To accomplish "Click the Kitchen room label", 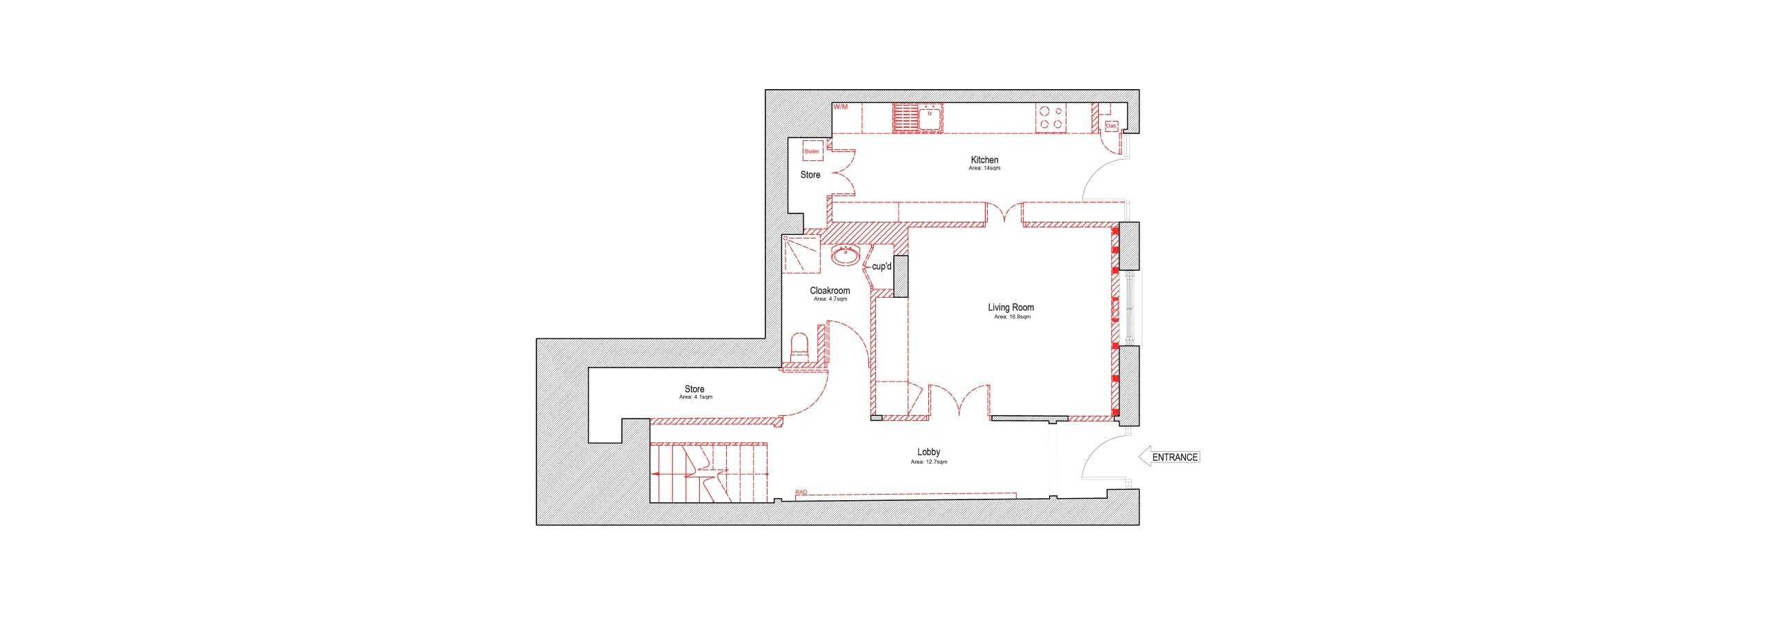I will coord(984,160).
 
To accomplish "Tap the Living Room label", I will coord(1011,307).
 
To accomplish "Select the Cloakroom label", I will coord(830,291).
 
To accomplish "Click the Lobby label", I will coord(928,453).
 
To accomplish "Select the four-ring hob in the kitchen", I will coord(1051,117).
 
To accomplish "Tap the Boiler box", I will coord(812,151).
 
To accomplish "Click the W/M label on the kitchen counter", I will coord(840,107).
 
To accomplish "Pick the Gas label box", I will coord(1111,126).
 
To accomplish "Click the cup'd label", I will coord(881,267).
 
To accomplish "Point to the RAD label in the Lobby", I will coord(801,493).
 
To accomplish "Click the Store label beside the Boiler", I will coord(810,175).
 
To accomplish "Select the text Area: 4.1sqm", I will coord(695,397).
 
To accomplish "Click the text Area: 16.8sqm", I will coord(1012,317).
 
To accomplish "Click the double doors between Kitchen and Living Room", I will coord(1004,214).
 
